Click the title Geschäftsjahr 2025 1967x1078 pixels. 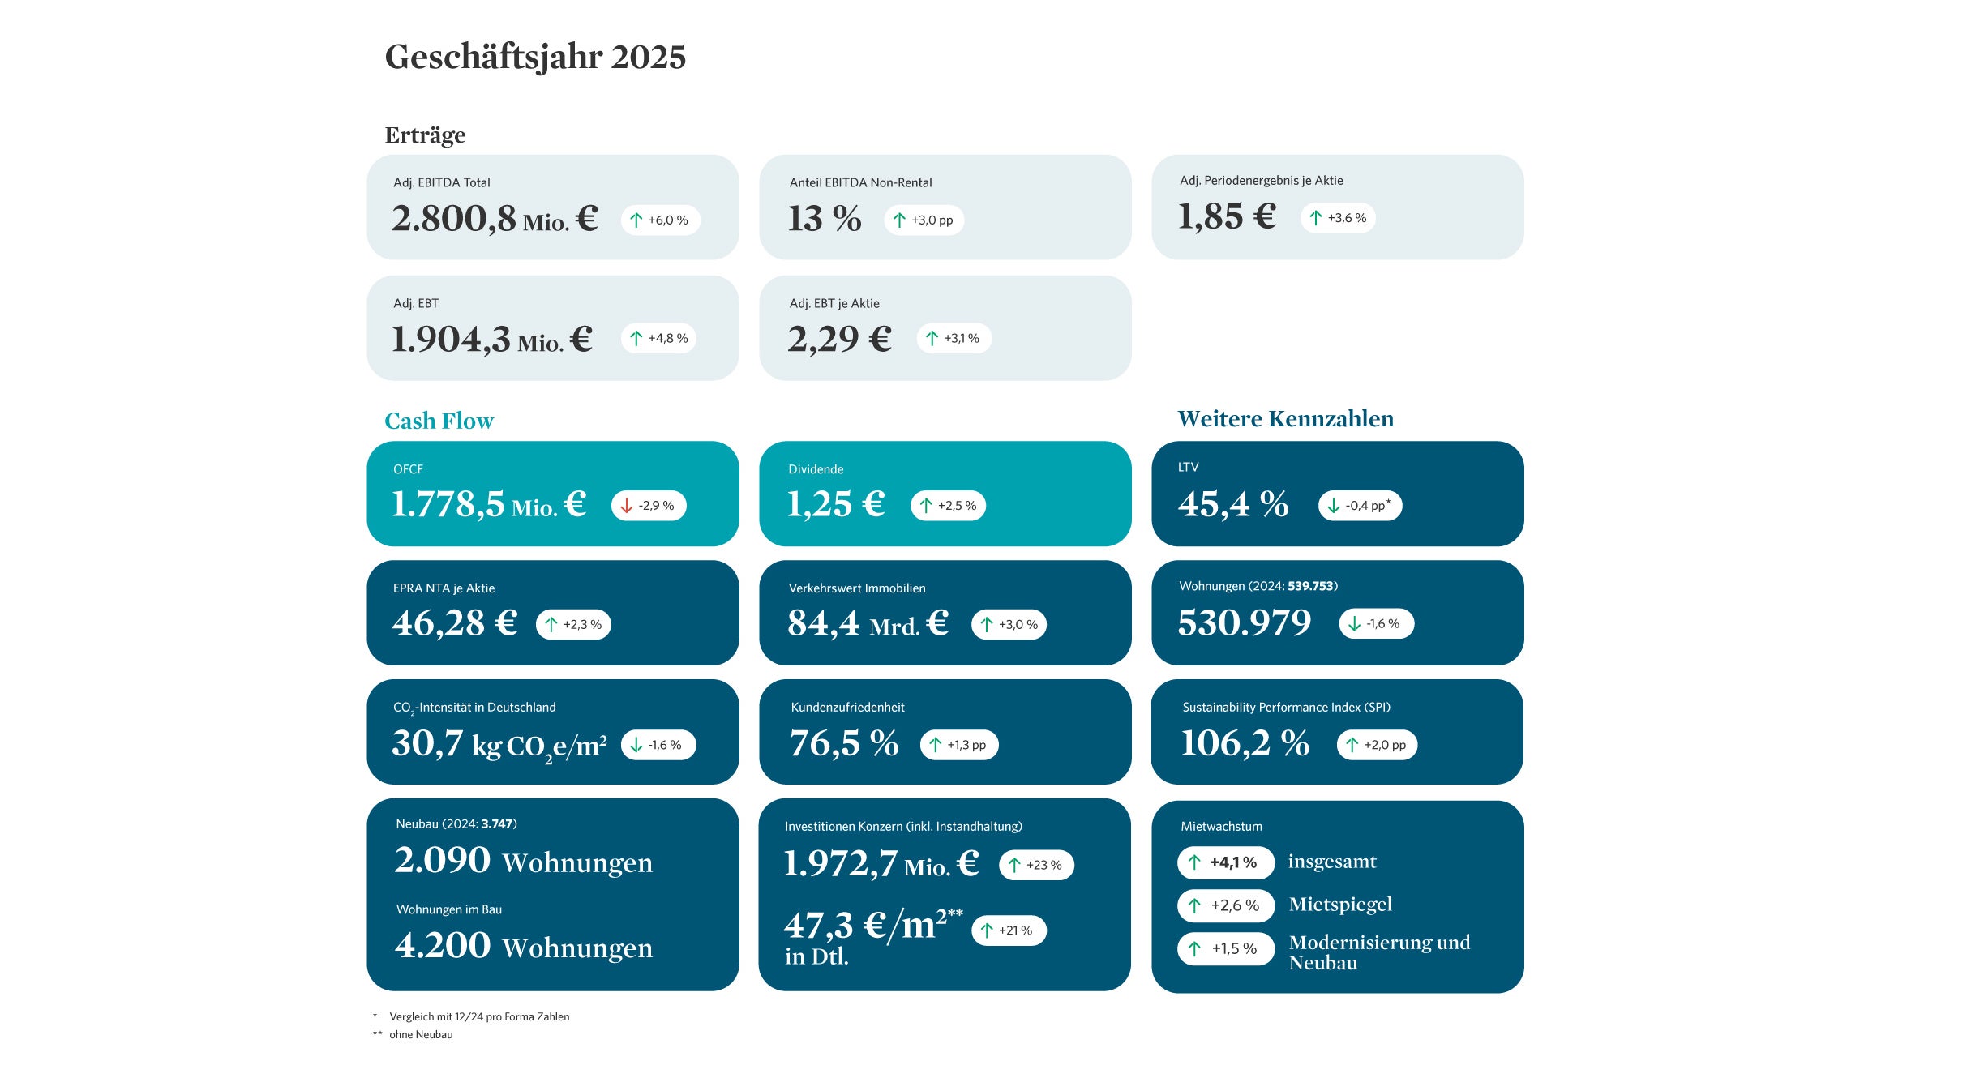(x=535, y=57)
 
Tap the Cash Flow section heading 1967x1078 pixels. (x=439, y=421)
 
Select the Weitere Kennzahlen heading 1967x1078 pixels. (x=1285, y=418)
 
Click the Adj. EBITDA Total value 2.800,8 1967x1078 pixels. (x=454, y=218)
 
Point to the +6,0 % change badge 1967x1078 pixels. (x=660, y=220)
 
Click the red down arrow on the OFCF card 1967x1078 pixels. (x=626, y=506)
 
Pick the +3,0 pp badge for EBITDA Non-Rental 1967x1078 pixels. (x=924, y=220)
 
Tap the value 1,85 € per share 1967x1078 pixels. (x=1227, y=216)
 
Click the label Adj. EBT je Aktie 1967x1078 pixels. (x=834, y=303)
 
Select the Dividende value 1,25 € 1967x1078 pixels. (x=835, y=504)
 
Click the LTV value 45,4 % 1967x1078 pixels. (x=1232, y=504)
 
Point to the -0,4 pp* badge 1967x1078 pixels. (x=1360, y=505)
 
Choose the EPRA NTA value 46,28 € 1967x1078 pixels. (x=454, y=623)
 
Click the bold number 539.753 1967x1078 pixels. (x=1310, y=586)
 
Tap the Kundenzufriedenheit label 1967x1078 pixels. (x=847, y=707)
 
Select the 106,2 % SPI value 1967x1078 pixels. (x=1245, y=743)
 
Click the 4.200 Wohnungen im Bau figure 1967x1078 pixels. (x=443, y=945)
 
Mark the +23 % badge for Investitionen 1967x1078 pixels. (x=1036, y=865)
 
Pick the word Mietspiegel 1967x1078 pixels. (x=1340, y=905)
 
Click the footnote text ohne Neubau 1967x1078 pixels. (x=421, y=1034)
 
